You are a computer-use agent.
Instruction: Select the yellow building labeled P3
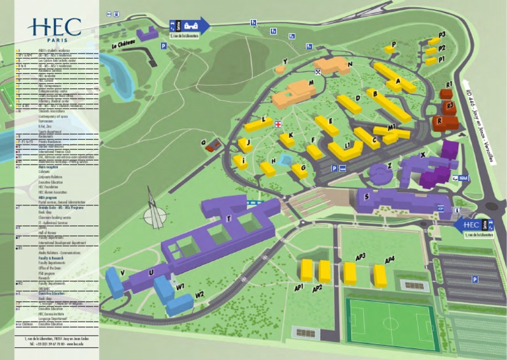pyautogui.click(x=433, y=40)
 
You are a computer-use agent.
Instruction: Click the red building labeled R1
pyautogui.click(x=446, y=93)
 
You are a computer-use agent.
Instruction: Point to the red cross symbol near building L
pyautogui.click(x=279, y=124)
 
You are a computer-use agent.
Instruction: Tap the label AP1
pyautogui.click(x=298, y=287)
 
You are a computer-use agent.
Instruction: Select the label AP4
pyautogui.click(x=389, y=260)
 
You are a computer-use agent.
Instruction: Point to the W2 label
pyautogui.click(x=199, y=294)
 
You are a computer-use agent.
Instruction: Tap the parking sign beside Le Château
pyautogui.click(x=163, y=46)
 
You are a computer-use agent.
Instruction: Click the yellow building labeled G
pyautogui.click(x=300, y=169)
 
